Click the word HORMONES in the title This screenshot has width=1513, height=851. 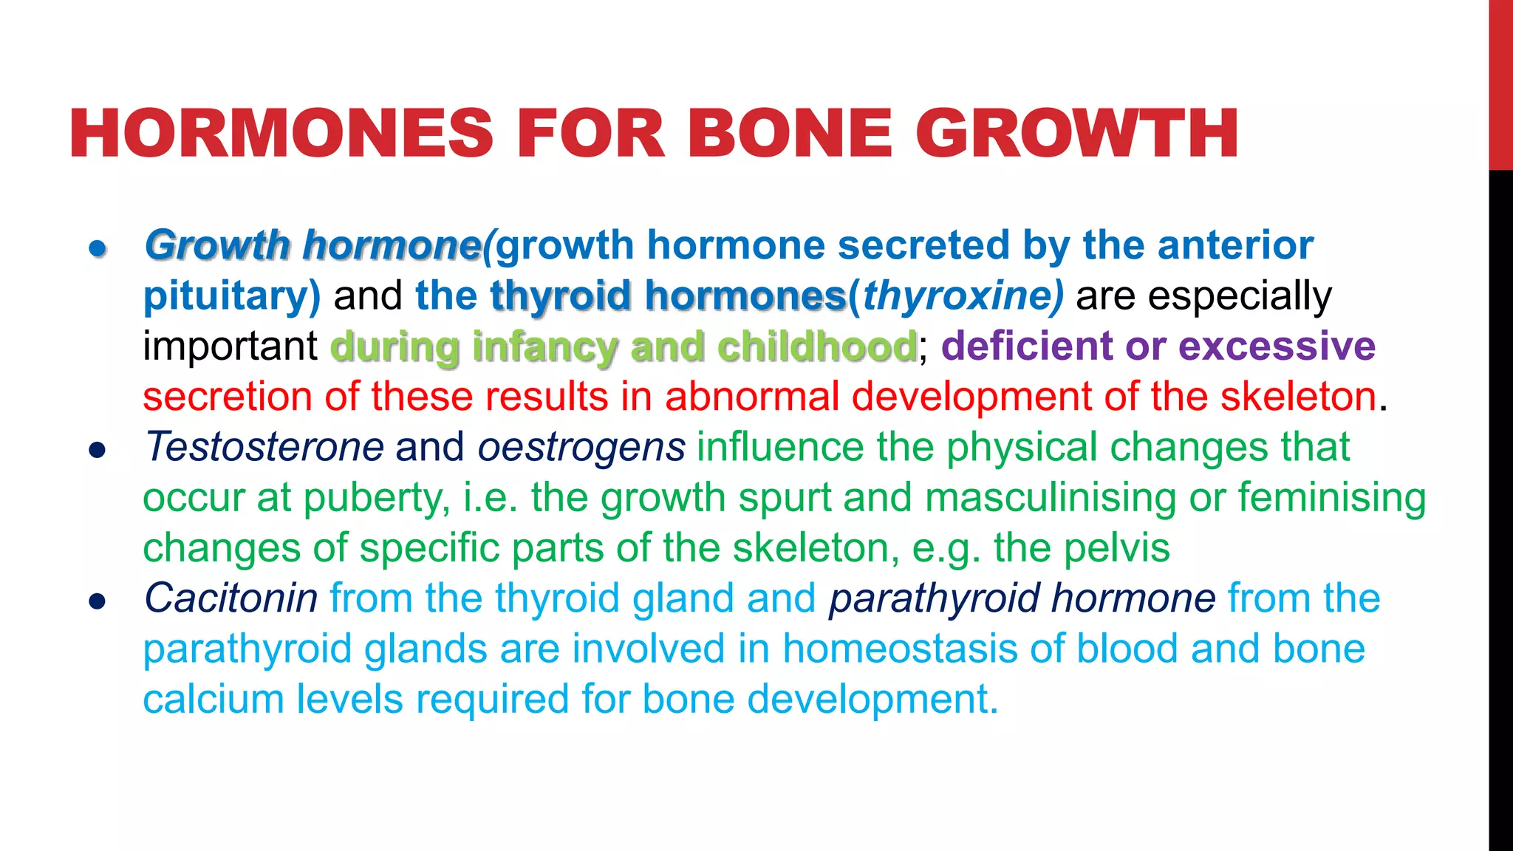click(x=281, y=134)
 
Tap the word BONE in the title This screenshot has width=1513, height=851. click(x=789, y=134)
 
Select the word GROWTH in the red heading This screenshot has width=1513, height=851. click(x=1077, y=134)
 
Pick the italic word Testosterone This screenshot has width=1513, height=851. click(x=264, y=447)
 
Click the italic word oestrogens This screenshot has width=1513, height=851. click(x=581, y=447)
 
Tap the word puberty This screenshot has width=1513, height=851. click(x=375, y=498)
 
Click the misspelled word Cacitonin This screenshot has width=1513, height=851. click(x=230, y=598)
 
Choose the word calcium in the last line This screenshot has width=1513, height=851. click(x=213, y=700)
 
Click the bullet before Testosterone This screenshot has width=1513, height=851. click(x=98, y=449)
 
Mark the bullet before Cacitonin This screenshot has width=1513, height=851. click(x=98, y=601)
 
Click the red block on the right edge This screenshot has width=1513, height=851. click(x=1500, y=85)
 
